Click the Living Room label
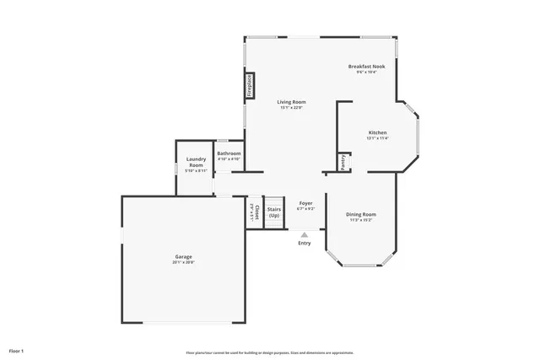[291, 101]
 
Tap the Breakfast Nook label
[366, 66]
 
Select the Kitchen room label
[377, 132]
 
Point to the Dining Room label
[361, 214]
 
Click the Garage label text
[183, 256]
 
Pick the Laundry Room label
[197, 161]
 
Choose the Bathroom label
[229, 153]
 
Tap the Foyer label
[305, 203]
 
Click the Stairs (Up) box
[274, 212]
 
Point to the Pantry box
[343, 162]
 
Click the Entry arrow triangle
[305, 234]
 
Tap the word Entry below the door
[305, 243]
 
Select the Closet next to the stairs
[254, 212]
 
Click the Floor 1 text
[17, 350]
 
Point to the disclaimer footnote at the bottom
[270, 352]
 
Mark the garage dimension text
[183, 262]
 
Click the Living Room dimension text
[291, 107]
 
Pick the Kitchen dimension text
[377, 138]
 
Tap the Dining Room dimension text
[361, 220]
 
